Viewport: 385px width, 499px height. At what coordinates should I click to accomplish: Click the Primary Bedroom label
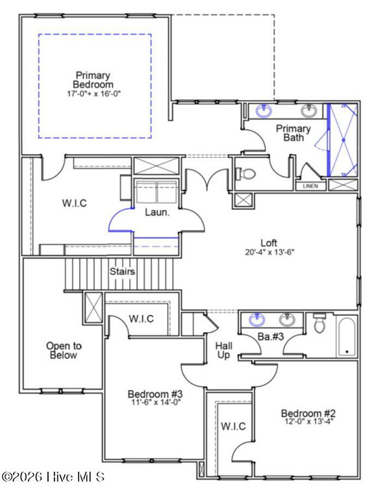(93, 80)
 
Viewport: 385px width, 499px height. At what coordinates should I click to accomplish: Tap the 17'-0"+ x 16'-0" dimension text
(94, 94)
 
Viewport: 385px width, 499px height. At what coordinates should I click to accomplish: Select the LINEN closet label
(310, 186)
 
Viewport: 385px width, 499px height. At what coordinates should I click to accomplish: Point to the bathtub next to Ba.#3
(347, 337)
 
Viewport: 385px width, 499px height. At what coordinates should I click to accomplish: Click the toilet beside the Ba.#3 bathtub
(319, 322)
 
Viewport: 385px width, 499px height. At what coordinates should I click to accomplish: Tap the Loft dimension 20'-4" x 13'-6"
(270, 252)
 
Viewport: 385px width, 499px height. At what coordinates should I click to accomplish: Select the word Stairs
(122, 272)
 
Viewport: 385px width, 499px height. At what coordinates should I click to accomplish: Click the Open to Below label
(64, 350)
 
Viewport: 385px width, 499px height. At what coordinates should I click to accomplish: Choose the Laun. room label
(157, 212)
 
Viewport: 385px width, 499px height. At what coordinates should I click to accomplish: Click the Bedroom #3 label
(155, 394)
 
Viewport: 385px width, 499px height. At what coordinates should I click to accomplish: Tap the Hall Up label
(224, 350)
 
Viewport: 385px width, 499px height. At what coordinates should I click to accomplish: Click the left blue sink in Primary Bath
(264, 111)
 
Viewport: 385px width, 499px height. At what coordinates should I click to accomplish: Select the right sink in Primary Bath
(309, 111)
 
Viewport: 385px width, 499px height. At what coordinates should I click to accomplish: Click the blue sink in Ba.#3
(257, 320)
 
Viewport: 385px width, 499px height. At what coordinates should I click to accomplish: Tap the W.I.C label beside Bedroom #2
(233, 426)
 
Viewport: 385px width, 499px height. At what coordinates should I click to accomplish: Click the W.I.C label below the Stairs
(141, 318)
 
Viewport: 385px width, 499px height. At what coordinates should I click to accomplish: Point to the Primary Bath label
(293, 133)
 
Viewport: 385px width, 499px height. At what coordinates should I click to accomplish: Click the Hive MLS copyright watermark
(53, 477)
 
